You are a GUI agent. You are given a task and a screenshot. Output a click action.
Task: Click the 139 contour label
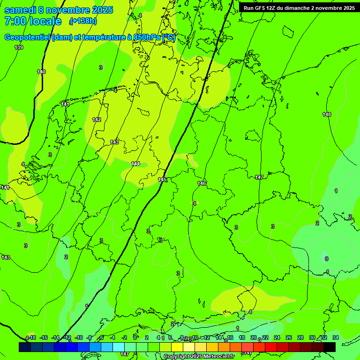(x=19, y=47)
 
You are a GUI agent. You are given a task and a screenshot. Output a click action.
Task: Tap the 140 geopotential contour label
(x=41, y=72)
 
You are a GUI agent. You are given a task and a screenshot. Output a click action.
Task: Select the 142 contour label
(x=97, y=120)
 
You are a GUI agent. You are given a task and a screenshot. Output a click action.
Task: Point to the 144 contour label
(x=135, y=164)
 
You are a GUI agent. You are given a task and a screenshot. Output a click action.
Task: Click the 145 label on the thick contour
(x=163, y=180)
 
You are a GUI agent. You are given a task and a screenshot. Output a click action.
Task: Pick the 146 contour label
(x=202, y=183)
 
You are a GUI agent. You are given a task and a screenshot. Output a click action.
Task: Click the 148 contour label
(x=327, y=114)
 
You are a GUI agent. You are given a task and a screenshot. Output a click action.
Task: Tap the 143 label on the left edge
(x=6, y=257)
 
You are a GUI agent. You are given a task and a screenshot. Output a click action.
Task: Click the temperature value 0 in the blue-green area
(x=326, y=258)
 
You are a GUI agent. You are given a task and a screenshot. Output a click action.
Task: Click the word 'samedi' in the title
(x=21, y=10)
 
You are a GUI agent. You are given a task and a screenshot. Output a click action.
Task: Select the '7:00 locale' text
(x=33, y=21)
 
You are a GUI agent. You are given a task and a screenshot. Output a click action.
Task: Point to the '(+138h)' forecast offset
(x=83, y=21)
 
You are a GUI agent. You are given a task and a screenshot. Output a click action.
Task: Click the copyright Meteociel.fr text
(x=199, y=357)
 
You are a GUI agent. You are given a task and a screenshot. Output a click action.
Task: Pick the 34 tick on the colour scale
(x=336, y=337)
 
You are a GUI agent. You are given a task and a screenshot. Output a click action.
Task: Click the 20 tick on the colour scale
(x=254, y=337)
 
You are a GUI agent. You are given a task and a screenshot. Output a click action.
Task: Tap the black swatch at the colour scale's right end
(x=330, y=347)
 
